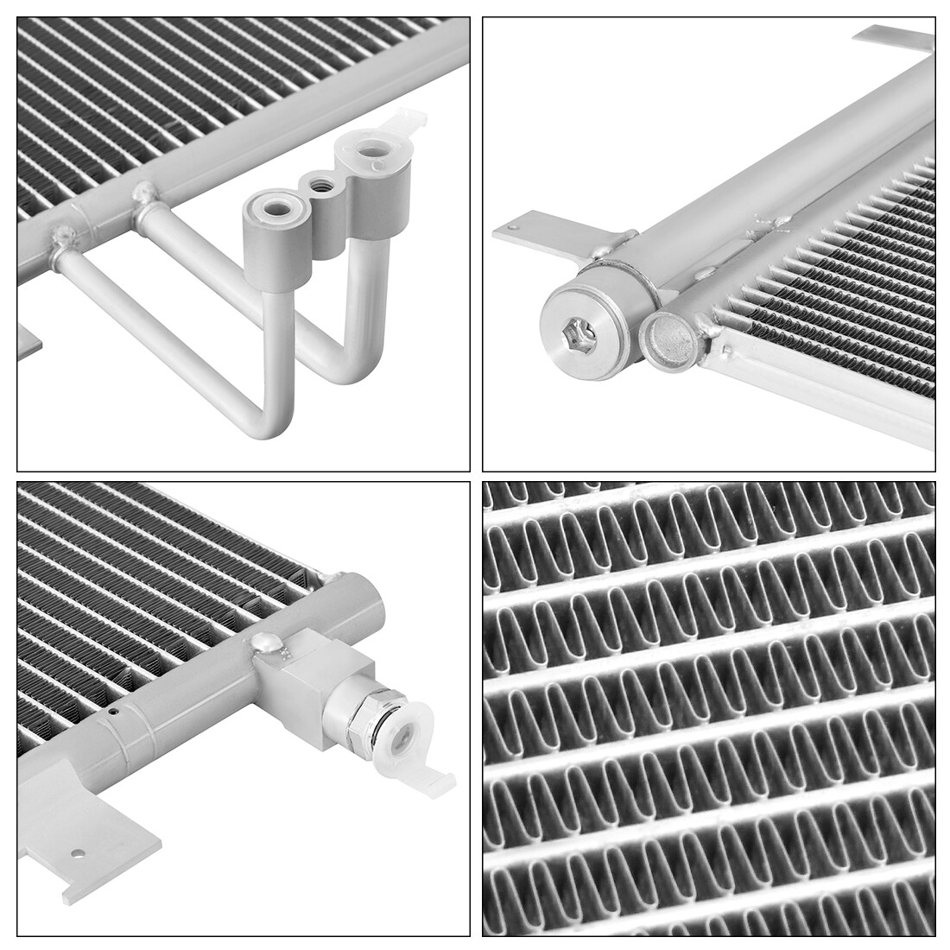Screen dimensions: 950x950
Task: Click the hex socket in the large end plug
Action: click(x=578, y=335)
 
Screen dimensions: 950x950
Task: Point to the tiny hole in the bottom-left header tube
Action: click(x=114, y=712)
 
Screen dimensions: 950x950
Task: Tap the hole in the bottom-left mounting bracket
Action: click(x=79, y=853)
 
